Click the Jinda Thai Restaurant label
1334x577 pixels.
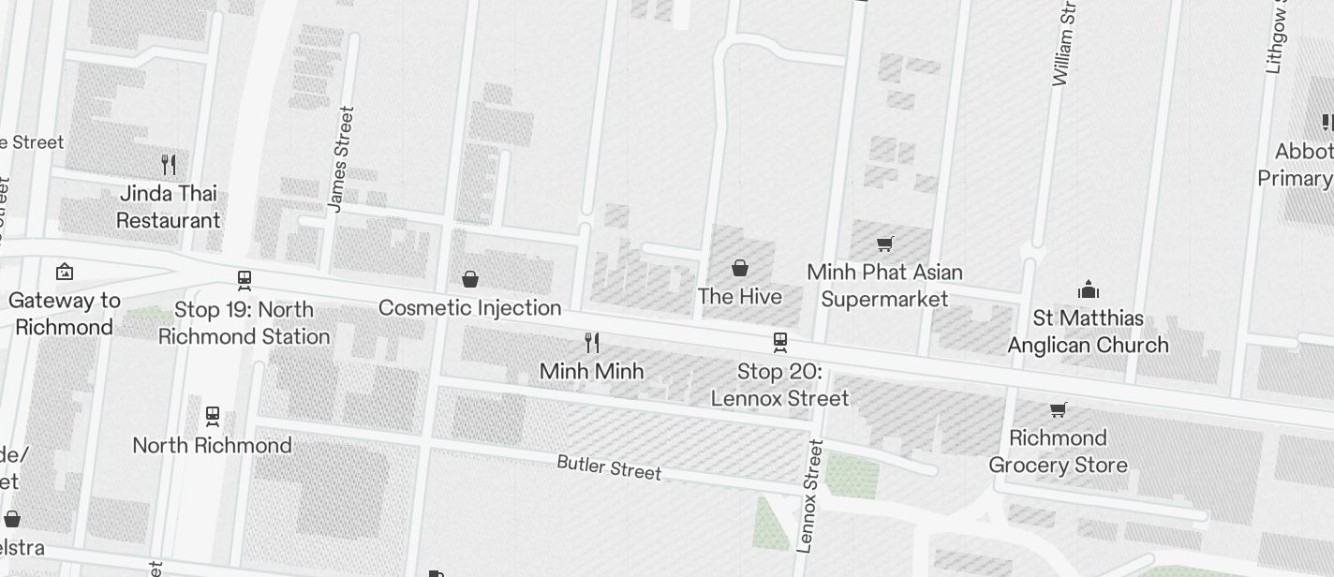169,207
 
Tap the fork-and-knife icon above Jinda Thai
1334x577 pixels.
169,165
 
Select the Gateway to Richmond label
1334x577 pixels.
65,314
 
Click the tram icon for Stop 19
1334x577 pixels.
245,280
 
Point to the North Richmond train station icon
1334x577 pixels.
213,416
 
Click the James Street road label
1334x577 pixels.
342,159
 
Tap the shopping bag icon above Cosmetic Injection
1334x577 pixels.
470,279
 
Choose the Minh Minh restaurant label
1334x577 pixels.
591,371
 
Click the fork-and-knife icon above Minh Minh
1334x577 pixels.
592,342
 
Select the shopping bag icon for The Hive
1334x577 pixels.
740,268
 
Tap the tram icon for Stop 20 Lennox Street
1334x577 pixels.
780,343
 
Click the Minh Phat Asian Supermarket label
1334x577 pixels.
884,286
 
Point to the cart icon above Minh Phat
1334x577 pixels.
885,244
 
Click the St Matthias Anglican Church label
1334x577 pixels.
1088,332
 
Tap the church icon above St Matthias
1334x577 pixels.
1088,288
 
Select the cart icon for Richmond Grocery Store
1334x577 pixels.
1059,409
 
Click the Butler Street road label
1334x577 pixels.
609,466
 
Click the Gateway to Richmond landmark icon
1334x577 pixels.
65,272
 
